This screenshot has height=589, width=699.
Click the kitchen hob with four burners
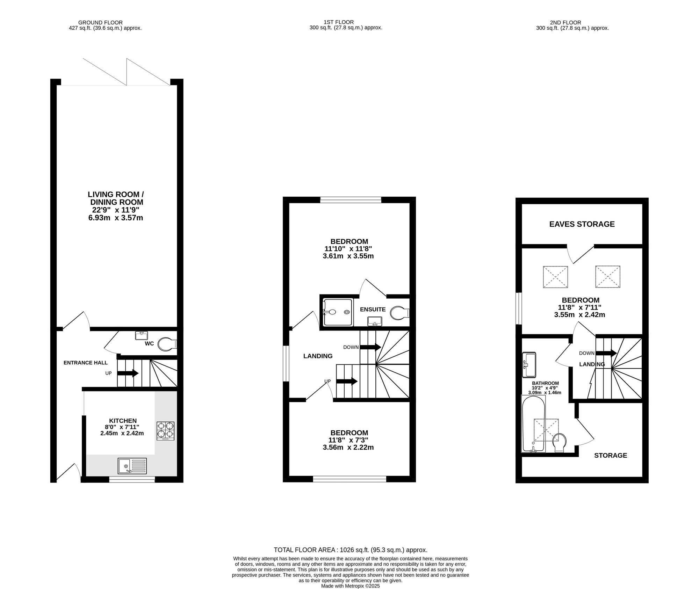pos(165,431)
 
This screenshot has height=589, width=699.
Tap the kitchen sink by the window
pos(132,466)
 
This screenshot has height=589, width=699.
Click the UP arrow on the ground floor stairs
pos(128,373)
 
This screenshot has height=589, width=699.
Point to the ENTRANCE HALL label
pos(86,363)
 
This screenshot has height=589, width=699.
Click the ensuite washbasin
pos(375,321)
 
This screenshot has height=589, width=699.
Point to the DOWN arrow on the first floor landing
pos(370,347)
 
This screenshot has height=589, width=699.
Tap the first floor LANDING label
pos(318,356)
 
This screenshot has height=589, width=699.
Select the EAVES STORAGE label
pos(582,224)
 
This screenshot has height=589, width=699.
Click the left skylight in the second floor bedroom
pos(555,277)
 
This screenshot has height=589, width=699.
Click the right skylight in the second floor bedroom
pos(608,277)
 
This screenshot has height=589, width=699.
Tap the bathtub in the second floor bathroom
pos(533,424)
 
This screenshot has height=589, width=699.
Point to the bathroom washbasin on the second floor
pos(529,365)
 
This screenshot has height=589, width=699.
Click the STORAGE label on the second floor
pos(611,455)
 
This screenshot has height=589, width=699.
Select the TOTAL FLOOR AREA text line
pos(351,550)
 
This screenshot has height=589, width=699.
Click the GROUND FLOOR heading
pos(100,23)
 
